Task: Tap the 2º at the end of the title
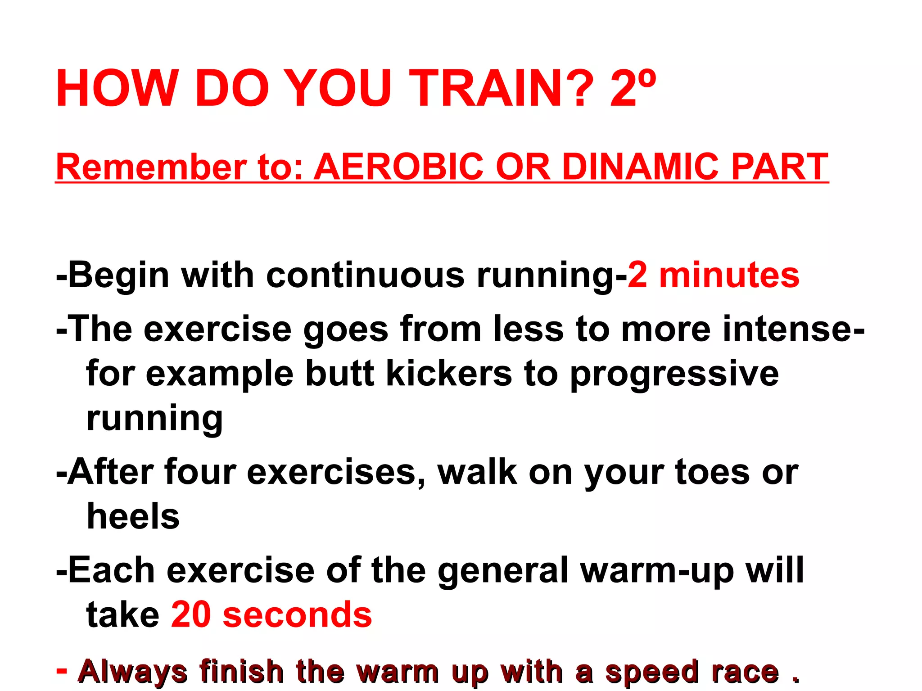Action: (x=632, y=89)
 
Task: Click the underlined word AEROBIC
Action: (x=398, y=167)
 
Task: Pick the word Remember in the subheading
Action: (x=151, y=167)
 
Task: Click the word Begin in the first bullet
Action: (x=118, y=275)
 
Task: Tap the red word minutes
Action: (x=729, y=275)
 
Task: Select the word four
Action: (x=200, y=472)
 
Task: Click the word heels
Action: (x=133, y=516)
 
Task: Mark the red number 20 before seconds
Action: (x=191, y=614)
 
